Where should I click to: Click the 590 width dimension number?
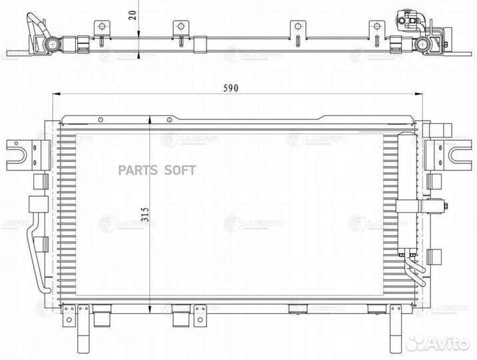point(230,88)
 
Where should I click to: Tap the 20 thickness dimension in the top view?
point(135,15)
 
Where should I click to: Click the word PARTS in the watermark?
point(137,171)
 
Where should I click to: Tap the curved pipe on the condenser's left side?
point(37,253)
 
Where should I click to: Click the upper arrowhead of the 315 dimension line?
point(151,120)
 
